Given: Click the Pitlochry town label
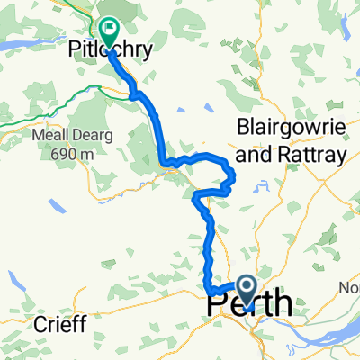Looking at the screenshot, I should [x=108, y=44].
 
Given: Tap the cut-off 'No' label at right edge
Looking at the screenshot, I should [x=349, y=288].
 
